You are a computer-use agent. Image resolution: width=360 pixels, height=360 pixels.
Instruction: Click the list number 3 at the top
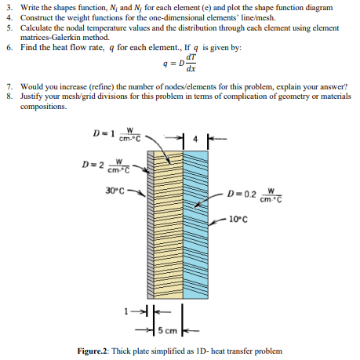[x=7, y=7]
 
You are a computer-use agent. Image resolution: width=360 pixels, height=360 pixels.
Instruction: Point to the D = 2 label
[x=106, y=166]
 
